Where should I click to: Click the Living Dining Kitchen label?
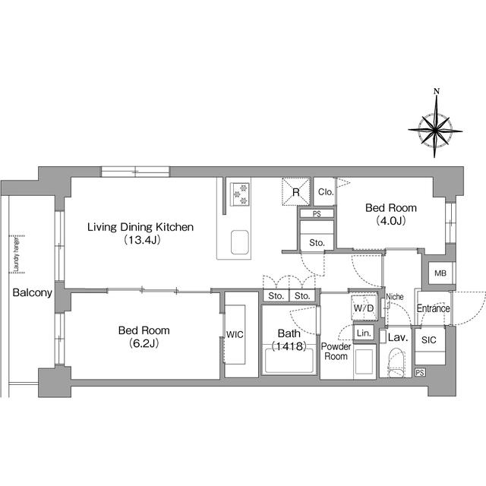pyautogui.click(x=140, y=227)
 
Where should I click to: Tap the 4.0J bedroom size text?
pyautogui.click(x=391, y=221)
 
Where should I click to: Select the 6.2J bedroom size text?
pyautogui.click(x=144, y=343)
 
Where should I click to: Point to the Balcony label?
pyautogui.click(x=32, y=293)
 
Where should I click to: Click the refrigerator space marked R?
pyautogui.click(x=296, y=191)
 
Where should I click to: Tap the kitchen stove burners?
pyautogui.click(x=241, y=194)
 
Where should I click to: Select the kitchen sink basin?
pyautogui.click(x=240, y=242)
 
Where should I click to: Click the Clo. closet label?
pyautogui.click(x=326, y=192)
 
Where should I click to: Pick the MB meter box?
pyautogui.click(x=440, y=273)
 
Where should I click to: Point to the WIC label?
pyautogui.click(x=235, y=334)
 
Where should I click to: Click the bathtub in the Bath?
pyautogui.click(x=289, y=360)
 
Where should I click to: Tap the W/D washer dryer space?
pyautogui.click(x=364, y=308)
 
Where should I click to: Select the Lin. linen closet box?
pyautogui.click(x=364, y=333)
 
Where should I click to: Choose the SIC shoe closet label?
pyautogui.click(x=428, y=340)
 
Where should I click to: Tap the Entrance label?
pyautogui.click(x=433, y=308)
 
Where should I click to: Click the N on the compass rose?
pyautogui.click(x=437, y=91)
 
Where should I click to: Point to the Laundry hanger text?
pyautogui.click(x=17, y=254)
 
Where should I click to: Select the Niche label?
pyautogui.click(x=395, y=297)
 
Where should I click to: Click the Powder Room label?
pyautogui.click(x=336, y=351)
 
